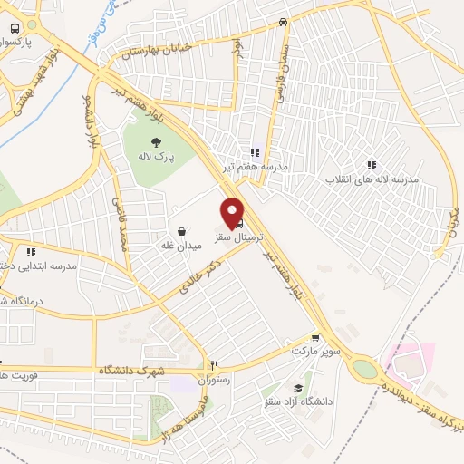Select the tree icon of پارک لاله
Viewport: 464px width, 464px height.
(x=157, y=141)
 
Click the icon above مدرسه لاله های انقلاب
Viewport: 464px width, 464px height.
(x=371, y=165)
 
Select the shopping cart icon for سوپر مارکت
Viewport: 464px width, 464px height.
(x=314, y=337)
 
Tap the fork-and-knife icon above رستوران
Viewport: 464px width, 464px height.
(x=214, y=365)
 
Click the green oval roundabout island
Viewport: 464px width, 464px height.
(x=365, y=369)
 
